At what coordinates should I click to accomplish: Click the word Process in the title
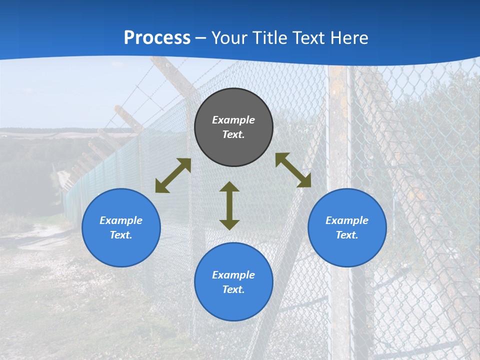157,38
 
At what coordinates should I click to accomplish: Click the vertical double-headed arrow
229,205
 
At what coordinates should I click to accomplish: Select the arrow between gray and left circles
173,175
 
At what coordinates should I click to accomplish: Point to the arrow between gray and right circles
293,170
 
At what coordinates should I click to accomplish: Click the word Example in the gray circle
233,120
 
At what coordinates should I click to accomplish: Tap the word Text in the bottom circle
233,289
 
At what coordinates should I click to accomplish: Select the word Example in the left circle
121,220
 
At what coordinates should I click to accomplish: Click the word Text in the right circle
346,235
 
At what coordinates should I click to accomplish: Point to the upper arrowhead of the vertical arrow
229,186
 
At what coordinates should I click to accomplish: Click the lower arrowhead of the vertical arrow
229,224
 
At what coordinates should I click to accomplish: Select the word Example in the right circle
347,220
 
